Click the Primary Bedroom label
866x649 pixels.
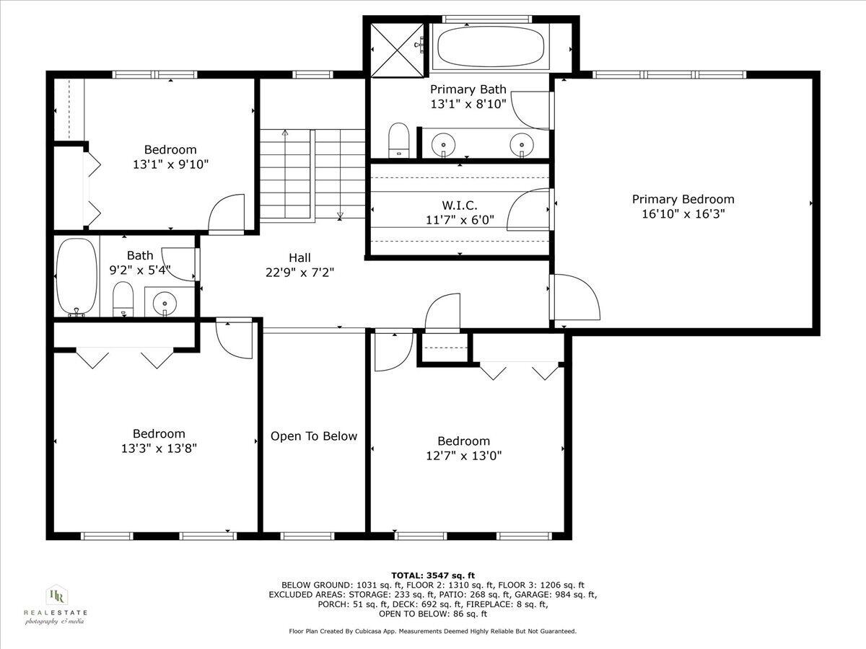(x=683, y=200)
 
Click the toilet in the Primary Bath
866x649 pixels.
(x=398, y=140)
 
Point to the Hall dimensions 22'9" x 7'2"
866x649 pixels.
(x=299, y=272)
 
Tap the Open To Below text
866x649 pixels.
(x=314, y=436)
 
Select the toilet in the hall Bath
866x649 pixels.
(x=124, y=299)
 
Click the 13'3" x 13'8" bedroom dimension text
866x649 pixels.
(x=159, y=448)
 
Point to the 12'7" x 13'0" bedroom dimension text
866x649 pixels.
(x=463, y=456)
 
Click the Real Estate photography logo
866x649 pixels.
(x=56, y=604)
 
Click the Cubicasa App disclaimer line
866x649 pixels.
(x=433, y=631)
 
